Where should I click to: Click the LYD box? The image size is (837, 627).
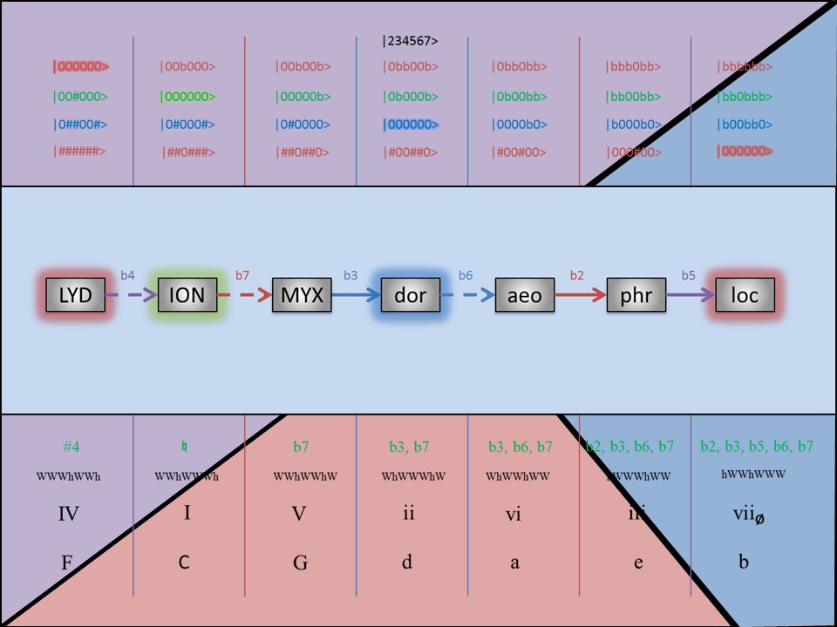click(x=75, y=295)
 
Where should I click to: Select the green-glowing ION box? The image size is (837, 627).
click(x=187, y=295)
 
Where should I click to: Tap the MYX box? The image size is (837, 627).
click(x=301, y=295)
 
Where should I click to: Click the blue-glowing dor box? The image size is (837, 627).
click(x=410, y=295)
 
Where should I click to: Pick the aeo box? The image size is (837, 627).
click(x=525, y=295)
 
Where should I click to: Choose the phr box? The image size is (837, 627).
click(x=636, y=295)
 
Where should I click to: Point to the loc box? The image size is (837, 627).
click(x=745, y=295)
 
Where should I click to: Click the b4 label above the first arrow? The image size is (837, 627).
click(x=127, y=275)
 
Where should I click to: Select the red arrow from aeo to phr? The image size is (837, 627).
click(x=580, y=295)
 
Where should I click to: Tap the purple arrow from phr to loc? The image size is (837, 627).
click(x=689, y=295)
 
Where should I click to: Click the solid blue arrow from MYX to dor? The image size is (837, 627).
click(x=355, y=295)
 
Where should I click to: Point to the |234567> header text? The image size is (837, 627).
click(x=410, y=40)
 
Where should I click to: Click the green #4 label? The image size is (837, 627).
click(x=71, y=447)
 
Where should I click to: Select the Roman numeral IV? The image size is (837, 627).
click(x=69, y=514)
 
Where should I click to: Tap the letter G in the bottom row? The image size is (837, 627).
click(x=300, y=563)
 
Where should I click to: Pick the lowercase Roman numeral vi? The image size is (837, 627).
click(x=514, y=514)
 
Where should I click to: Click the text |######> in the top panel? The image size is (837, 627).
click(x=79, y=152)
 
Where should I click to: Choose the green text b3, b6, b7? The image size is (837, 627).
click(x=521, y=447)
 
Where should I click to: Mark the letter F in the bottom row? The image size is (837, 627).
click(x=66, y=563)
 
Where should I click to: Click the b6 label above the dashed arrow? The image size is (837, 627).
click(x=466, y=275)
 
